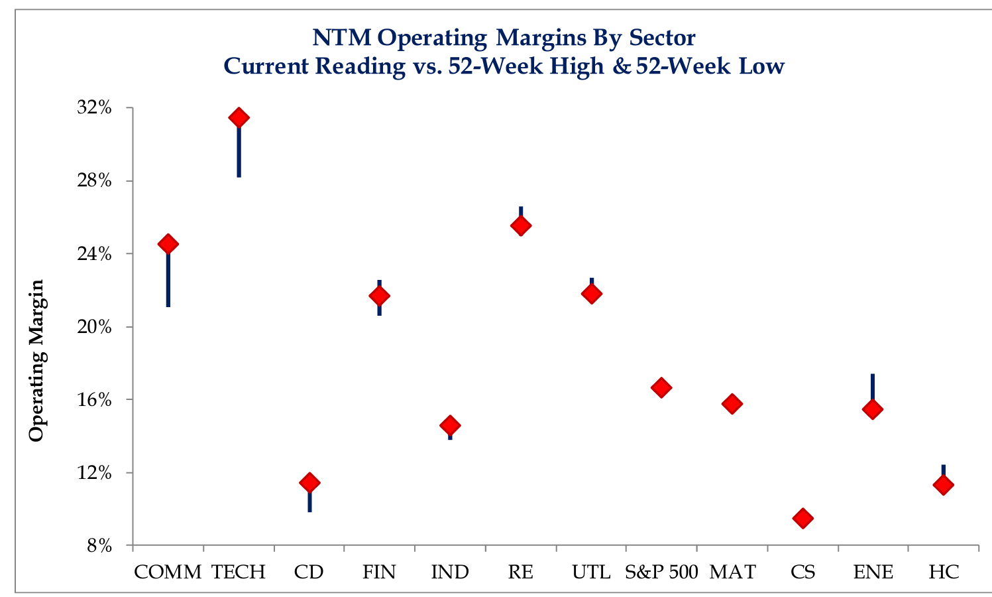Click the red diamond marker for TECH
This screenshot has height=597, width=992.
(x=239, y=118)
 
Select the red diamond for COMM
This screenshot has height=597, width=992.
(x=168, y=244)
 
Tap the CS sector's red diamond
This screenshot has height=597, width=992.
(x=802, y=518)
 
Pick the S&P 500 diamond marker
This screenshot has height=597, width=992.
(x=661, y=387)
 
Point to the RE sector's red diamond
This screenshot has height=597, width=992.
(x=521, y=226)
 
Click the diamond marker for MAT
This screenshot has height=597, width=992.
(x=732, y=404)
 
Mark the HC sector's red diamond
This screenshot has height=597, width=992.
(x=943, y=485)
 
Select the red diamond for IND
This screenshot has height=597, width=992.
(x=450, y=425)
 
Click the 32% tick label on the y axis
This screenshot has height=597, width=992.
(x=94, y=107)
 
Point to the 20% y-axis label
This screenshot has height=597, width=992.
(x=94, y=327)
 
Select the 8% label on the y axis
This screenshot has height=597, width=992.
(x=99, y=546)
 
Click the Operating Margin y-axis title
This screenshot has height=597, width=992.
(x=36, y=360)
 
